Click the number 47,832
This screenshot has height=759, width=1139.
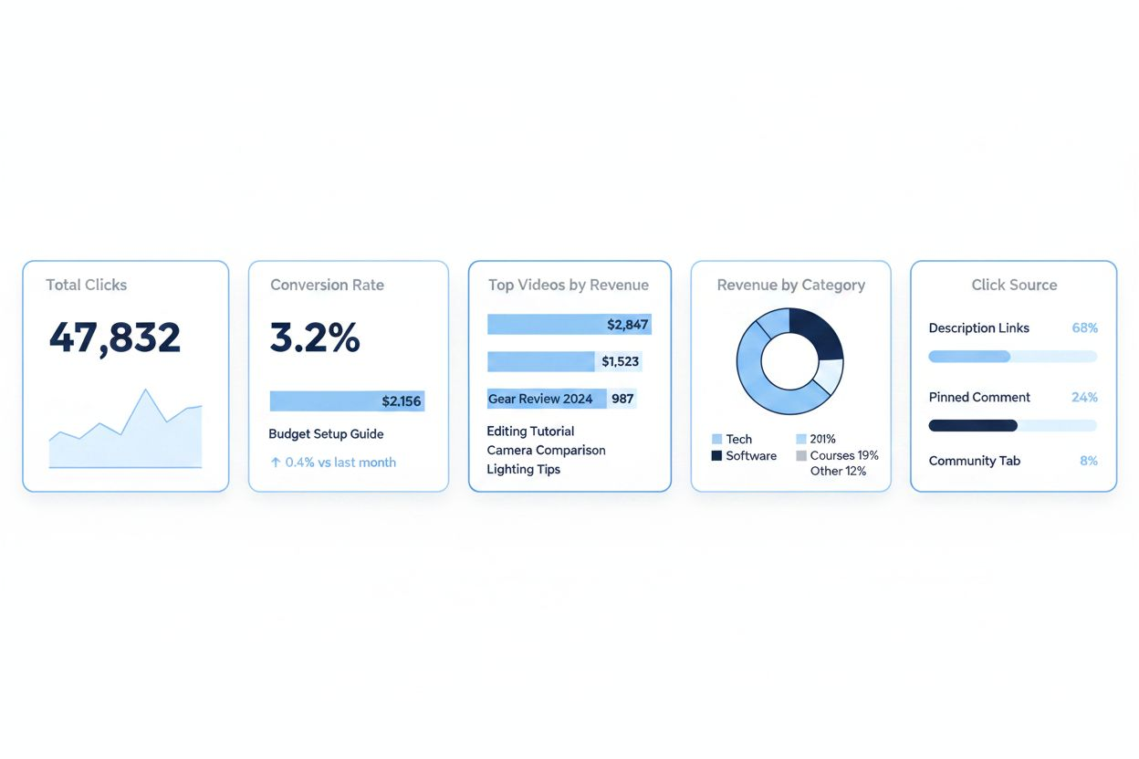click(115, 338)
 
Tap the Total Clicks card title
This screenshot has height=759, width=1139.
click(87, 285)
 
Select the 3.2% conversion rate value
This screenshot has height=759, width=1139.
click(315, 338)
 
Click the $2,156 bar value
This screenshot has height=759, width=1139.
click(402, 401)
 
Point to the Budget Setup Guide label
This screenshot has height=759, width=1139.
click(326, 434)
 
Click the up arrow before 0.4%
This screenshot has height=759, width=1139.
click(276, 463)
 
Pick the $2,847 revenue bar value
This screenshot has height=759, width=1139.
click(627, 324)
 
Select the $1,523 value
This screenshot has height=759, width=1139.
click(620, 362)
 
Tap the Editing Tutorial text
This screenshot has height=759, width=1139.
click(530, 431)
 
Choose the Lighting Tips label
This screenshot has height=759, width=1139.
click(523, 469)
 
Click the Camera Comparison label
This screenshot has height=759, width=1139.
click(546, 450)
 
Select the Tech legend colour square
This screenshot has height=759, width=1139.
click(716, 439)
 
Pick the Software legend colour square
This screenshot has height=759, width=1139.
click(716, 455)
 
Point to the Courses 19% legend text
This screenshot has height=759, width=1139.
click(844, 455)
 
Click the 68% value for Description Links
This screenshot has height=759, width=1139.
click(1084, 328)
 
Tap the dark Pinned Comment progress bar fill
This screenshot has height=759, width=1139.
click(972, 425)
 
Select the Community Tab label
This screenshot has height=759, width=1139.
click(974, 461)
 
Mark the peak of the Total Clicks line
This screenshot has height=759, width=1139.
click(145, 390)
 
